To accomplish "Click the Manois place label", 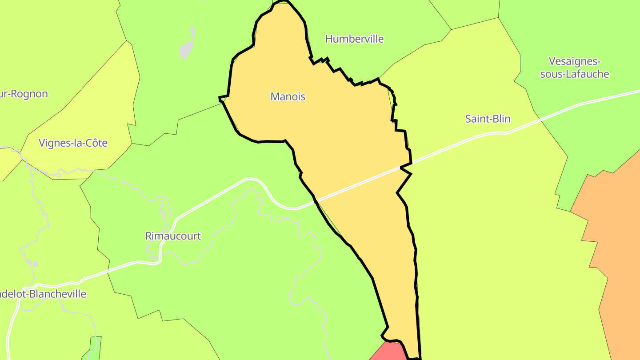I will (288, 96).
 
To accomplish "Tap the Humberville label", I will (354, 39).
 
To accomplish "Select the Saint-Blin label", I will (488, 119).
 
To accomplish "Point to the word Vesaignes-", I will (574, 61).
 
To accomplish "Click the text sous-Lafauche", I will (574, 74).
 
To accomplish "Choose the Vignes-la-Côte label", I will (73, 143).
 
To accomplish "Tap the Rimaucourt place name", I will (173, 236).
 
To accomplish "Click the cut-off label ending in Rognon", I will (24, 94).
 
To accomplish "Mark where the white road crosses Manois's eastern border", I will (407, 165).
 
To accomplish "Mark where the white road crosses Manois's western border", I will (316, 202).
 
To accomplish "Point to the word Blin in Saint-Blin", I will (501, 119).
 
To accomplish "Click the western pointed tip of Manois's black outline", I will (220, 97).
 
